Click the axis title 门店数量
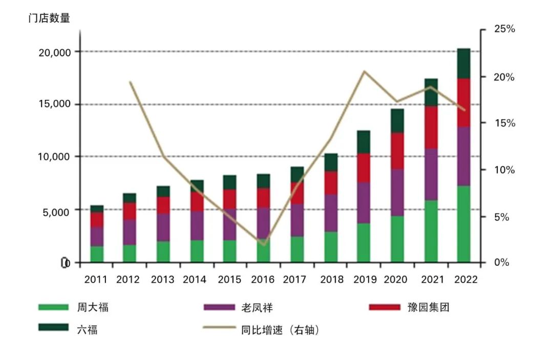coord(49,18)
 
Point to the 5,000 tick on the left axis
coord(56,210)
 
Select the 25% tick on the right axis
coord(504,30)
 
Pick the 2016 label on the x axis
coord(263,280)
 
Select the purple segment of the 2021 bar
coord(431,174)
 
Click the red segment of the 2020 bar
coord(397,151)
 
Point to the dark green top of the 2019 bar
coord(364,141)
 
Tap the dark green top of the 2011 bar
coord(97,208)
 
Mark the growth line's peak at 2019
coord(364,72)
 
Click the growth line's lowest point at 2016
coord(264,244)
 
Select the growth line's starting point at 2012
coord(130,82)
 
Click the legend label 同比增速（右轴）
coord(280,330)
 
